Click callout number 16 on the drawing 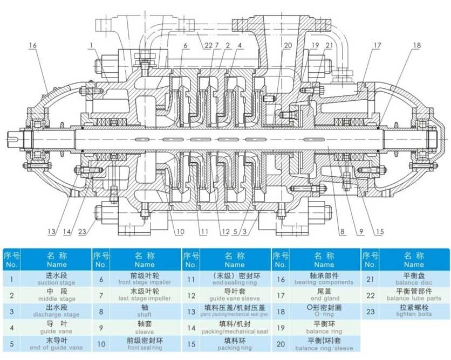[33, 45]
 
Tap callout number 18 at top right [417, 45]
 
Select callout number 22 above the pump [208, 45]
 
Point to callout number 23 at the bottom [82, 232]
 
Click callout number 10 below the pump [180, 232]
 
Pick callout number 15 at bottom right [380, 232]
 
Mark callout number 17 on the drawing [377, 45]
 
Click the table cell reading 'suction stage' [56, 279]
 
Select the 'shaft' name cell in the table [145, 311]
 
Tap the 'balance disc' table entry [414, 279]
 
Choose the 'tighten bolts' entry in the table [414, 311]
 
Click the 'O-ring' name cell [324, 311]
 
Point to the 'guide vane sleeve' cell [235, 295]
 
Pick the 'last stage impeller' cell [145, 295]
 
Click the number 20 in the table [281, 344]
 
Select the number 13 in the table [192, 311]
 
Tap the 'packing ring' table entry [235, 344]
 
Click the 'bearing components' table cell [324, 279]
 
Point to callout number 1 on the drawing [92, 45]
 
